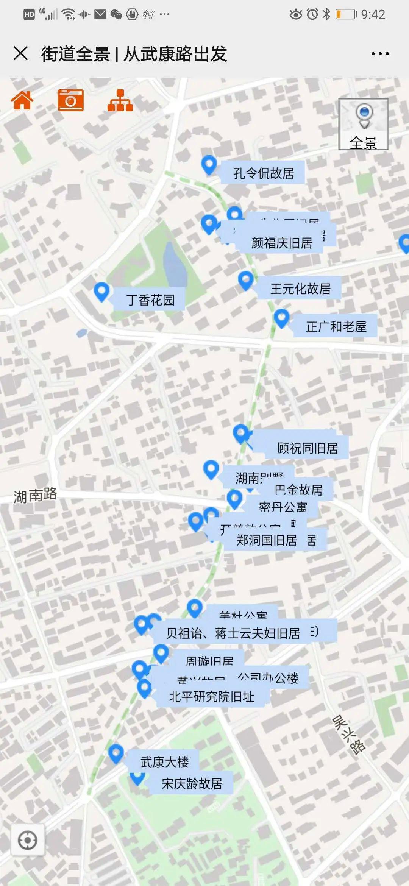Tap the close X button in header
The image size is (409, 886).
point(20,53)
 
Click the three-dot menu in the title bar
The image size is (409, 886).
point(380,54)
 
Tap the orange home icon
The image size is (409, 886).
point(22,100)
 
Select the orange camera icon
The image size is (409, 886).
point(71,100)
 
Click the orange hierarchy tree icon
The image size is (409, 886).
point(120,101)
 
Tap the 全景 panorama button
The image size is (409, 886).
point(363,124)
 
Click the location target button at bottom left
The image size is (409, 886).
point(28,841)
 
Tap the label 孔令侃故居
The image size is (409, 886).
point(263,173)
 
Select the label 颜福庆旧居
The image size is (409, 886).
point(282,243)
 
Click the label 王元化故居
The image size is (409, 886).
point(300,289)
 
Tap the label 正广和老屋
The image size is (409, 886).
point(336,326)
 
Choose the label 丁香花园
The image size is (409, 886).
point(150,300)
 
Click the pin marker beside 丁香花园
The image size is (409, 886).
point(101,292)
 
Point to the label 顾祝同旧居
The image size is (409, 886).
point(307,448)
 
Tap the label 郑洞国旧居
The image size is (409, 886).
point(266,540)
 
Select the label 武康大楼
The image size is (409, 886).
point(164,762)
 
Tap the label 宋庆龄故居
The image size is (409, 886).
point(192,783)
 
